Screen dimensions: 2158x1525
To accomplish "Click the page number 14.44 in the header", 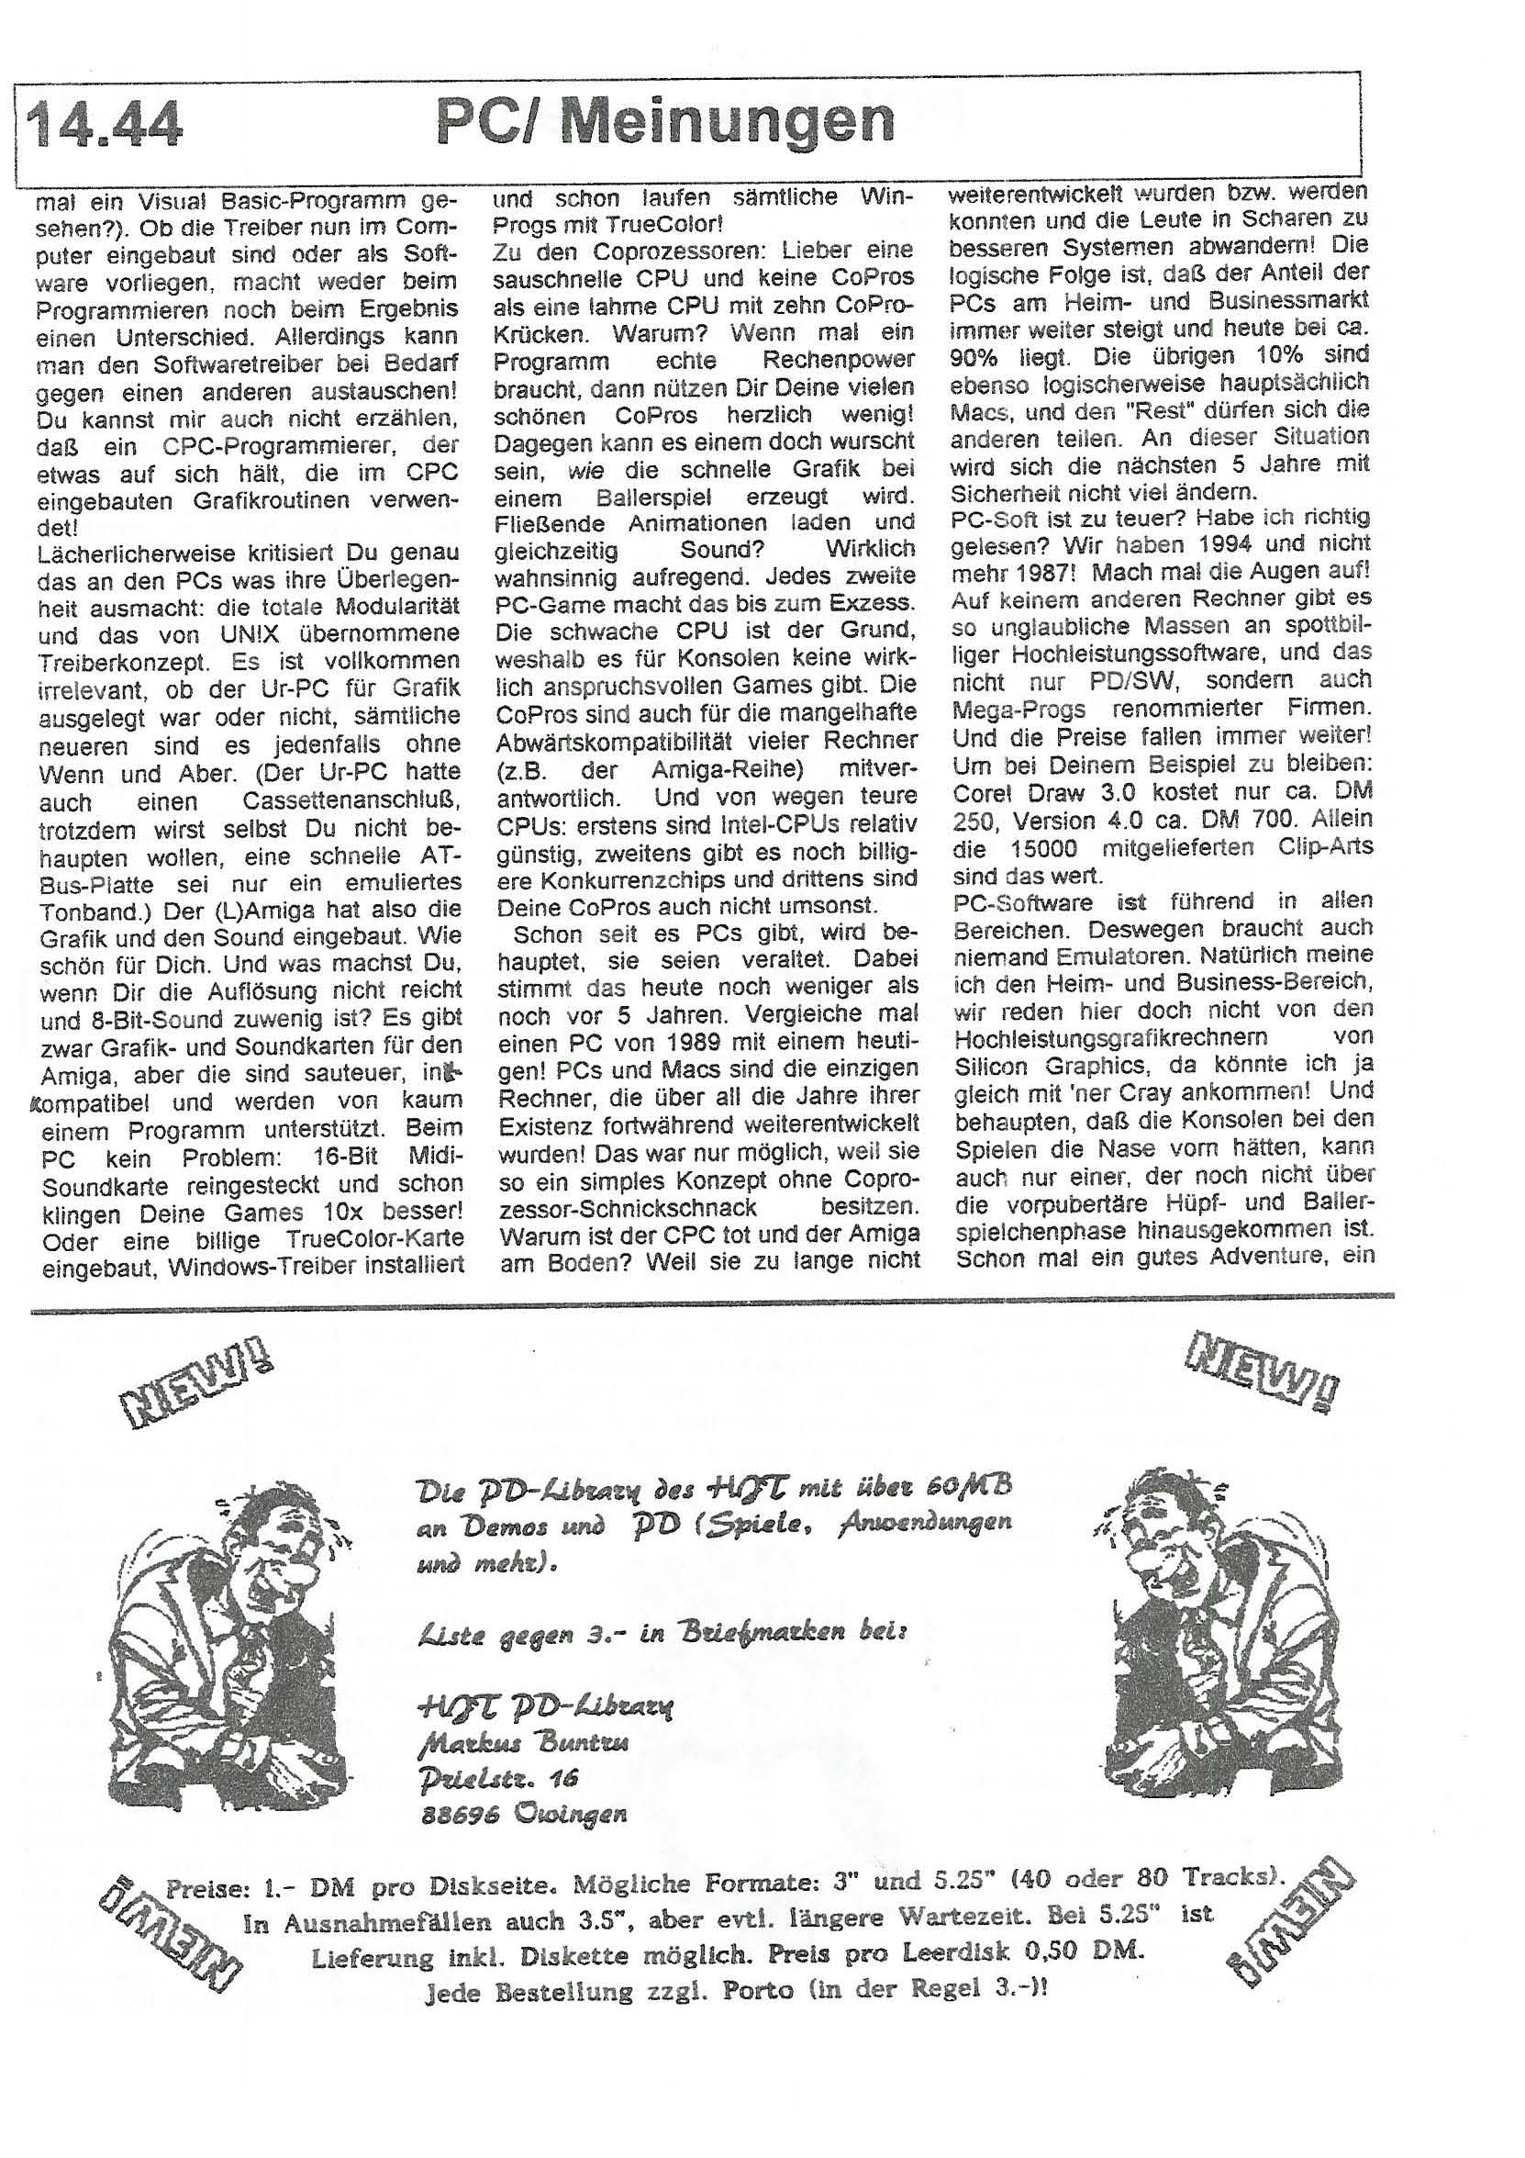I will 105,126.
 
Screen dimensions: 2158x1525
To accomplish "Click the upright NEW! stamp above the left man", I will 195,1387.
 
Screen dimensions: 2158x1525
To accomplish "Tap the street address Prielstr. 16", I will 497,1776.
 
